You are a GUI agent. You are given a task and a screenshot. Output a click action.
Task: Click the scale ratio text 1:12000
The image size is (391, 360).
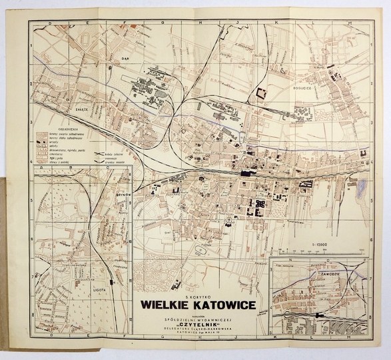pos(318,246)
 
